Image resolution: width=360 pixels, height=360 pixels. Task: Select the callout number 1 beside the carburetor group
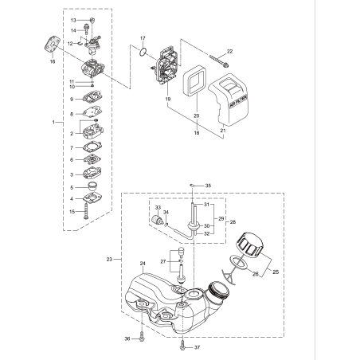tap(53, 123)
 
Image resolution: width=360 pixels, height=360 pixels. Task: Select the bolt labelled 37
tap(183, 346)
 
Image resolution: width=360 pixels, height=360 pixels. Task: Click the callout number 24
tap(143, 264)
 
